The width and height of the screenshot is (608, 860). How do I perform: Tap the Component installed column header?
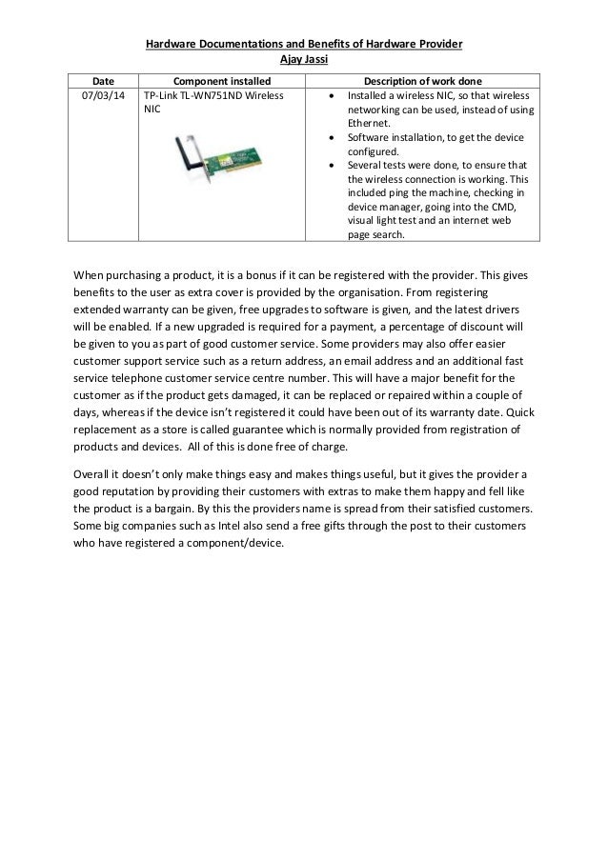coord(218,81)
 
